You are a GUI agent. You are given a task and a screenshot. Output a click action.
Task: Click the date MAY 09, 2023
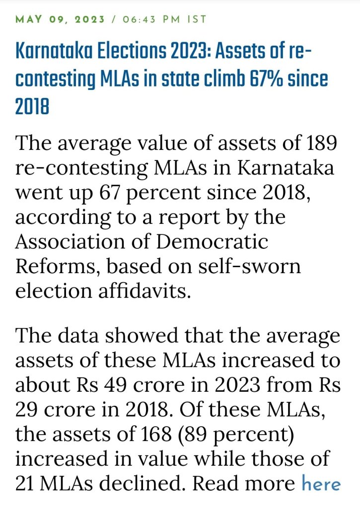pos(61,19)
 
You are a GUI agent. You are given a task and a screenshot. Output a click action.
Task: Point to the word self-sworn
pos(252,266)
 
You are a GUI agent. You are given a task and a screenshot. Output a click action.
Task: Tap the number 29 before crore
pos(28,409)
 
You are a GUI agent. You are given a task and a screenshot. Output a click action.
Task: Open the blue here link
pos(321,483)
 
